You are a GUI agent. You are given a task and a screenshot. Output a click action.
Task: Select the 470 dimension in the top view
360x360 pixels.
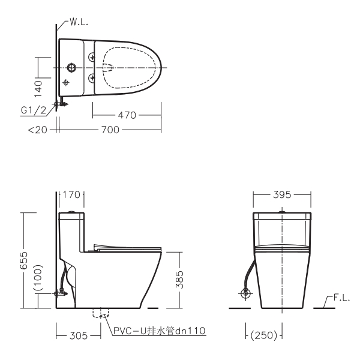click(x=127, y=114)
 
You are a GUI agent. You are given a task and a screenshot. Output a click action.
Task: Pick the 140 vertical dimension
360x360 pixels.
click(x=38, y=88)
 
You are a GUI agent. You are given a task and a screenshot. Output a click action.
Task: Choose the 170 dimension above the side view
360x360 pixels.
click(x=72, y=194)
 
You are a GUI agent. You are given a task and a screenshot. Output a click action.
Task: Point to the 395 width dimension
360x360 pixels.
click(x=282, y=194)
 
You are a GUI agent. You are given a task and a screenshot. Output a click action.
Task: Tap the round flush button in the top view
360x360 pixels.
click(x=73, y=67)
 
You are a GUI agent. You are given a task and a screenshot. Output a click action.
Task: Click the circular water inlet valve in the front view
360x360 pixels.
click(x=245, y=294)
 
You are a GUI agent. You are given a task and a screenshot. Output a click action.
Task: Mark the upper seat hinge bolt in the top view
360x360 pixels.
click(x=91, y=56)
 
